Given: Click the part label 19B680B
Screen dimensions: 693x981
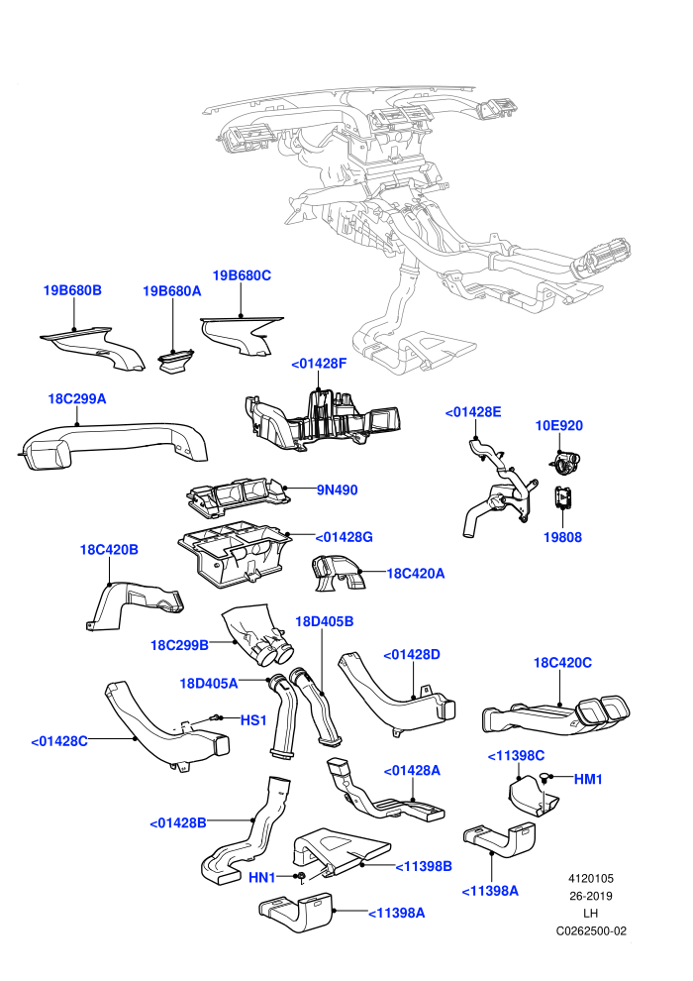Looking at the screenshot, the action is tap(72, 290).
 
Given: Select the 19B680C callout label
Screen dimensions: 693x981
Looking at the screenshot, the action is tap(242, 275).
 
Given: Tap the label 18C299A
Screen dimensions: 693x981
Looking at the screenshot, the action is tap(77, 398).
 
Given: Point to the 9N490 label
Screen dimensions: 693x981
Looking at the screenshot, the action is tap(337, 490).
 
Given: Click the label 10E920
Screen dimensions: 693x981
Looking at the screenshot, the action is tap(559, 425).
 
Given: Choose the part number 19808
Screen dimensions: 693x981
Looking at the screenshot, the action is tap(562, 537).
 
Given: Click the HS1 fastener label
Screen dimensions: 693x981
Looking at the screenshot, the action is tap(253, 720).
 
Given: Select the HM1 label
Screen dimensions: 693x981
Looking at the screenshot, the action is tap(588, 779).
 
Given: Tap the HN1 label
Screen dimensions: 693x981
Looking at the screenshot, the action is tap(261, 878).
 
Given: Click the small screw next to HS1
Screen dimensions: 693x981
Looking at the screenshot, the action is tap(216, 717).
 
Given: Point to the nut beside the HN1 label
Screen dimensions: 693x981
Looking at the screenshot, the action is tap(301, 876).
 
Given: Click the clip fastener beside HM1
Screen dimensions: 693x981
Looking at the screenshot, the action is tap(545, 778).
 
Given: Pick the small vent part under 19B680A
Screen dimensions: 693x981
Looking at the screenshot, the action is tap(175, 363).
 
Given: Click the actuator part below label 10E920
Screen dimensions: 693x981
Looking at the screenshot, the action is tap(566, 462).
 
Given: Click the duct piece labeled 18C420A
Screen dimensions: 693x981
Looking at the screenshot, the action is tap(338, 574).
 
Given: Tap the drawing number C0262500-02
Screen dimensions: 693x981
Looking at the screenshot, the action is tap(591, 930).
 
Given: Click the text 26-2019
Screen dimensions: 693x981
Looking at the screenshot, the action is tap(590, 896).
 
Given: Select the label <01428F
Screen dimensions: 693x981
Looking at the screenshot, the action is tap(319, 364).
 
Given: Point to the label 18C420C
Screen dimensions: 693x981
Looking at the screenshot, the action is tap(562, 663).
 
